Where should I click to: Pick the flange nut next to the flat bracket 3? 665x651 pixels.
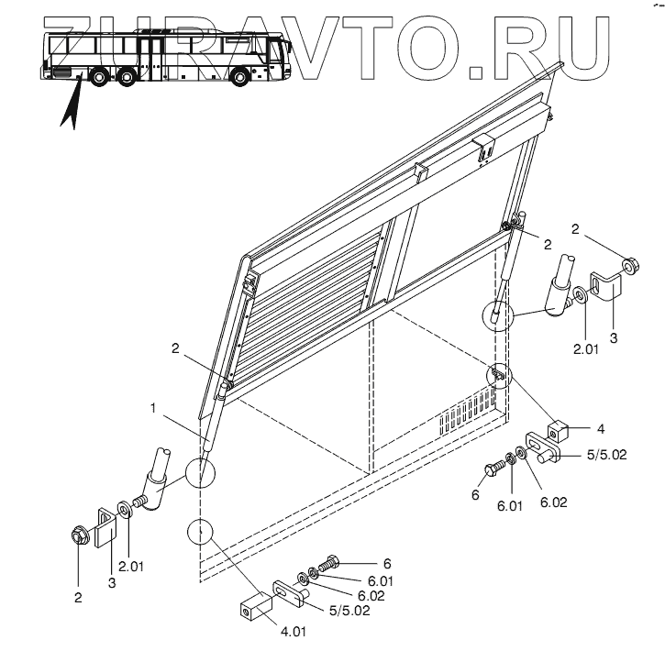click(x=77, y=535)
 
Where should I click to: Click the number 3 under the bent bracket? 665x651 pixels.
click(x=614, y=337)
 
